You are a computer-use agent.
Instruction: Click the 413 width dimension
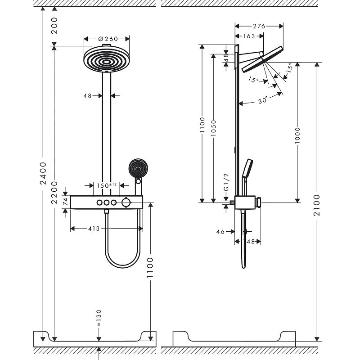[x=94, y=229]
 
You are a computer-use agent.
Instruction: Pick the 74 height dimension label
[x=65, y=202]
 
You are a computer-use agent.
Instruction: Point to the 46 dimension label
[x=220, y=232]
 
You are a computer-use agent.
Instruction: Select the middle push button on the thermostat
[x=107, y=203]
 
